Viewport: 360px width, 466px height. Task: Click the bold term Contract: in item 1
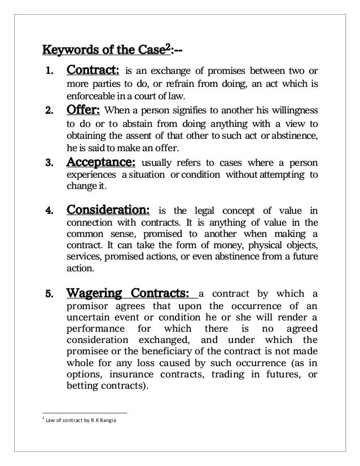(93, 72)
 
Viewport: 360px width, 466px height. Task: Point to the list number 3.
(49, 163)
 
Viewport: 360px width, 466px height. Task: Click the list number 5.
(49, 293)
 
